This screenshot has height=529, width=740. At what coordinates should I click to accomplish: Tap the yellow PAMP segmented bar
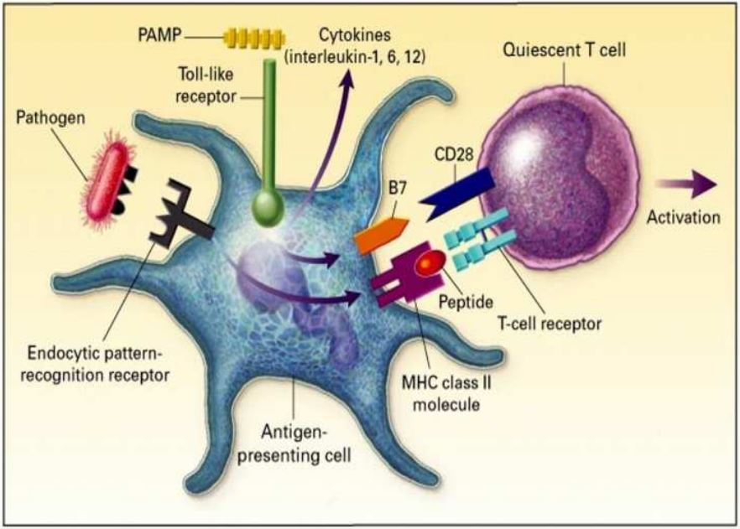pos(255,38)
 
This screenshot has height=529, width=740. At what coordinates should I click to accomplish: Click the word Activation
pos(684,217)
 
